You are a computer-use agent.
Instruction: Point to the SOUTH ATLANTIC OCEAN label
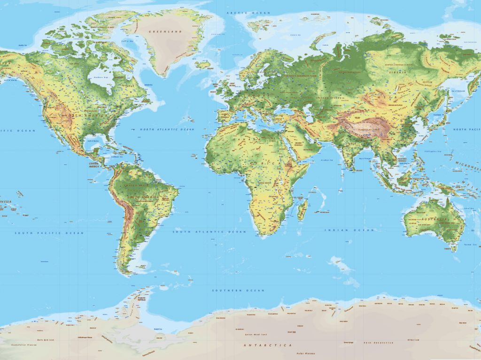[x=209, y=232]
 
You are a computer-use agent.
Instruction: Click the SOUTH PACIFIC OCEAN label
[x=49, y=233]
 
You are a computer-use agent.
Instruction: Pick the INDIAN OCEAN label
[x=350, y=230]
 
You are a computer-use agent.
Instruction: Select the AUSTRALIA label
[x=435, y=219]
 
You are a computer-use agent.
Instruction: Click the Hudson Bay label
[x=101, y=77]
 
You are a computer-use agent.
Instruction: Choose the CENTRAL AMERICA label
[x=96, y=164]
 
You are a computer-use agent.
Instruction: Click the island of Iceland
[x=203, y=65]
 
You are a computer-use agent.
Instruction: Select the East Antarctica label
[x=378, y=343]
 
